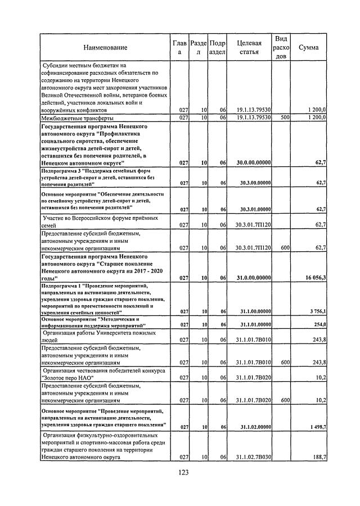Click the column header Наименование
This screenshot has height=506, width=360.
pos(105,48)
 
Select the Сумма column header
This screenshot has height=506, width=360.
pos(309,48)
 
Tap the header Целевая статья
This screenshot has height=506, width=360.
pos(249,48)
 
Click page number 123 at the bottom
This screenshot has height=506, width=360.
pos(180,472)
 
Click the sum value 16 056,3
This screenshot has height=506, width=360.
pos(313,278)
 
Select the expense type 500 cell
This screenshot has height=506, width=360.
pos(284,118)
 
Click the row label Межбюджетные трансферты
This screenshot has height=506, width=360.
pos(78,119)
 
